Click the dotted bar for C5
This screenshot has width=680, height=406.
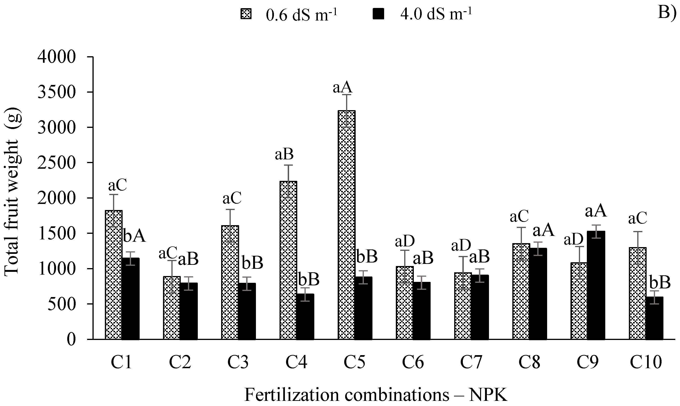[x=346, y=224]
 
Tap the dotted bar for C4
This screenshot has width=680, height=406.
[x=288, y=260]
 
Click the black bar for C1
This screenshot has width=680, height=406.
[x=131, y=298]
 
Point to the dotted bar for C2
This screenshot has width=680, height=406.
[x=172, y=308]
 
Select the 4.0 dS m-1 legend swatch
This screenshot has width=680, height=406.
[x=378, y=14]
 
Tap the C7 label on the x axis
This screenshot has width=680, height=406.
[x=471, y=362]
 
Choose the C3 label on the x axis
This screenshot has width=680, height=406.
[x=238, y=362]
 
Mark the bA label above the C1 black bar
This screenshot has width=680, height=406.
[x=134, y=236]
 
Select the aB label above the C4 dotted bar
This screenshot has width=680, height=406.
[x=284, y=154]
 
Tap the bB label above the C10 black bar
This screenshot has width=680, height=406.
[x=659, y=283]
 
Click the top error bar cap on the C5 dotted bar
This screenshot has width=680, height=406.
[x=346, y=95]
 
